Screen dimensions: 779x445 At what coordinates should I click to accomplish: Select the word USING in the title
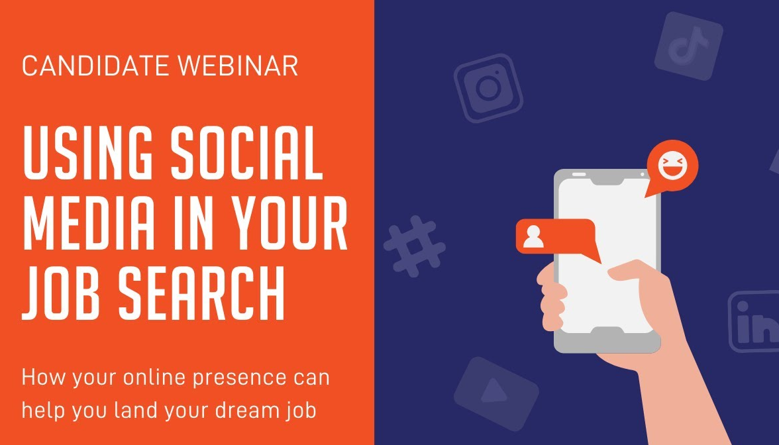(88, 154)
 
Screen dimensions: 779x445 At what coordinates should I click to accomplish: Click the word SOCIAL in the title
(247, 154)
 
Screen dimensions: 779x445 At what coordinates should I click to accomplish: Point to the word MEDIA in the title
(89, 224)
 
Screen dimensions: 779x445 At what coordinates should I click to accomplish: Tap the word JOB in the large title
(62, 293)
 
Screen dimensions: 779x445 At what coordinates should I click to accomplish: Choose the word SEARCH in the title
(201, 293)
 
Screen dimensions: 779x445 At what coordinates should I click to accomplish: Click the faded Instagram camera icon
(488, 88)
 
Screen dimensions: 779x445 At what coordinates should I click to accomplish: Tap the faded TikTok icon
(688, 46)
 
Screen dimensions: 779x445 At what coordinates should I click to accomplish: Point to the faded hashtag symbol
(415, 246)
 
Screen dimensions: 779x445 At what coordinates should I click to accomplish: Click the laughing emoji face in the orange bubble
(672, 166)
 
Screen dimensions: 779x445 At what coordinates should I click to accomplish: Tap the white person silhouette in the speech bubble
(533, 236)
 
